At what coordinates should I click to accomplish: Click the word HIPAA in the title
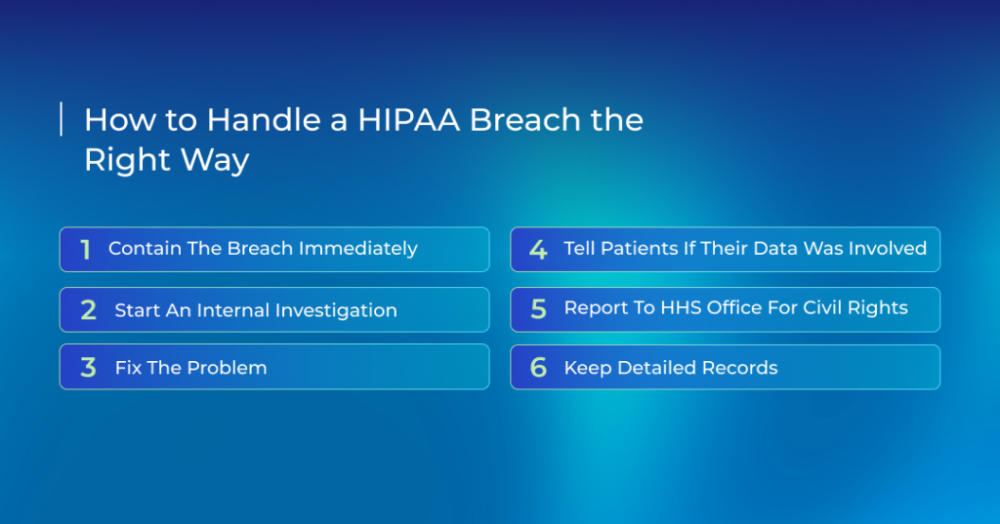[x=409, y=120]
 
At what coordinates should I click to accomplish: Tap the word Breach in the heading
[x=525, y=119]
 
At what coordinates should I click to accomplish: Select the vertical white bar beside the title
[x=62, y=119]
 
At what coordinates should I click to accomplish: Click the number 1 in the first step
[x=86, y=249]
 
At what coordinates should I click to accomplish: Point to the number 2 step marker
[x=88, y=309]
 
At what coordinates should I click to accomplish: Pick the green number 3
[x=88, y=367]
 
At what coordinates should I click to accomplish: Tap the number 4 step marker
[x=538, y=249]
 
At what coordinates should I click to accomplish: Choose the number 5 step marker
[x=538, y=309]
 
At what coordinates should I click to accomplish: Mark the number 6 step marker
[x=538, y=367]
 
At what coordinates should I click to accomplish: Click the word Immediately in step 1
[x=358, y=249]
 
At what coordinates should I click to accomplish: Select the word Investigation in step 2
[x=336, y=310]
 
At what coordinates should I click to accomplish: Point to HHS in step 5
[x=681, y=308]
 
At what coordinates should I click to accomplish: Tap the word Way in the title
[x=216, y=160]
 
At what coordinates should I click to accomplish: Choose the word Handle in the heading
[x=264, y=120]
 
